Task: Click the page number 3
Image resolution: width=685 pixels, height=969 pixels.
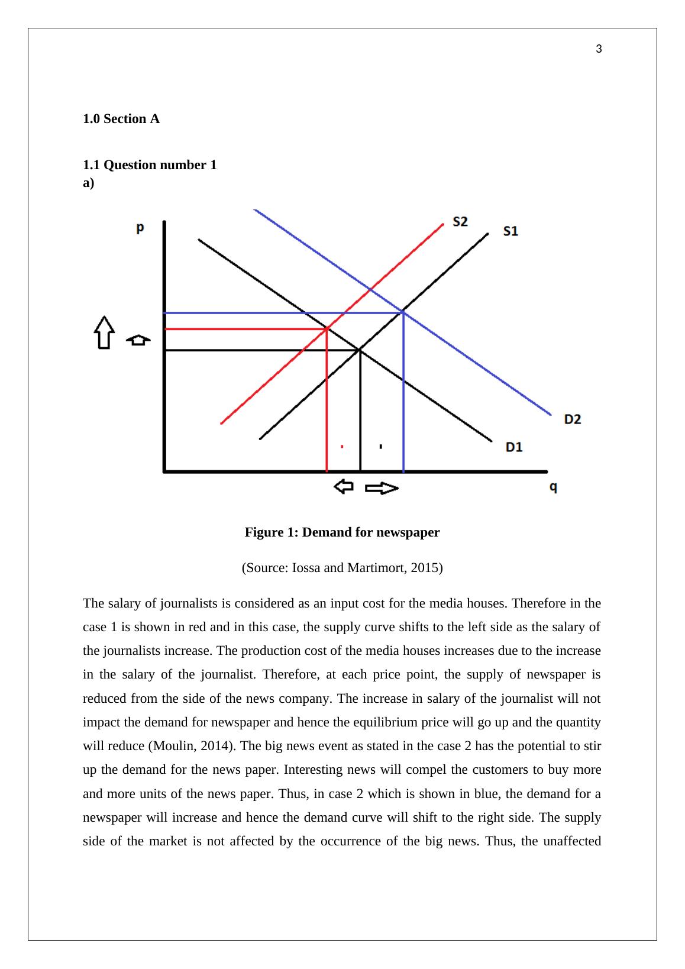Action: click(599, 49)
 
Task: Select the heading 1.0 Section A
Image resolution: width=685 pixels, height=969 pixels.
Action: click(121, 119)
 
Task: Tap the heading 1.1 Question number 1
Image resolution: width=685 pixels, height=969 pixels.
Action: click(150, 165)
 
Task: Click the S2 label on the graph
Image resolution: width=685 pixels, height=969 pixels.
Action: click(460, 221)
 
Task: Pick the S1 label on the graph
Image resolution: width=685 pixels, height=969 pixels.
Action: click(510, 231)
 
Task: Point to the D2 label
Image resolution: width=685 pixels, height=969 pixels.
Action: click(572, 419)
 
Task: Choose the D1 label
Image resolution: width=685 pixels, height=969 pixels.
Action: click(514, 447)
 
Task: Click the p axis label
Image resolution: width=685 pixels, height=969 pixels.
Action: click(140, 228)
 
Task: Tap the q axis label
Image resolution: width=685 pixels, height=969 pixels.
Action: click(554, 487)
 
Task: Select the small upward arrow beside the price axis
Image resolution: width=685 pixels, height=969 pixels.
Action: click(138, 340)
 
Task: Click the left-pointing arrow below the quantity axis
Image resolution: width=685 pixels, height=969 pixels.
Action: click(344, 487)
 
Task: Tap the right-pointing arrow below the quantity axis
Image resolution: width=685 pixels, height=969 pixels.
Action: click(382, 488)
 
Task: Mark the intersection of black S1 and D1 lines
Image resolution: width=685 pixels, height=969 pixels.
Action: click(360, 350)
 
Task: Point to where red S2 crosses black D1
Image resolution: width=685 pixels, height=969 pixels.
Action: click(327, 328)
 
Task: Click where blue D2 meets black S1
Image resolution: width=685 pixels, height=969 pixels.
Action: click(403, 312)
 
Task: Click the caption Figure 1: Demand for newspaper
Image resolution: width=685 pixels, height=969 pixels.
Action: click(342, 532)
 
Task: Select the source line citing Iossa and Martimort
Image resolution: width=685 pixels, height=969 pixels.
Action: click(342, 568)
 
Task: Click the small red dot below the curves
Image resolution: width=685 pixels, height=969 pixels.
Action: click(342, 447)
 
